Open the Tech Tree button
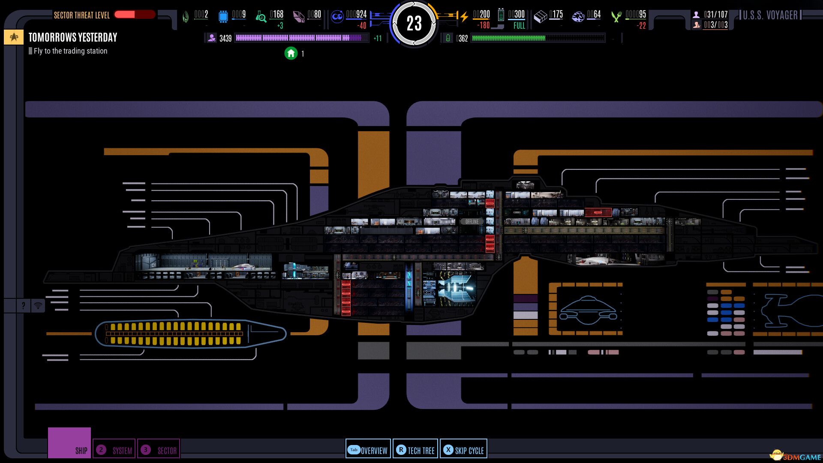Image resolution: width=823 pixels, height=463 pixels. pos(415,450)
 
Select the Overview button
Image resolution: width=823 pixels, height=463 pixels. pos(368,450)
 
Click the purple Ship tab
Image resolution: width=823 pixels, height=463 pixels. pos(69,442)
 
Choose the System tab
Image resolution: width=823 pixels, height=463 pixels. pos(114,450)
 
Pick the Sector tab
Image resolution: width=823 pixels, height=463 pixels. pos(159,450)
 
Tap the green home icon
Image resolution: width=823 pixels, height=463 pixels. pos(291,53)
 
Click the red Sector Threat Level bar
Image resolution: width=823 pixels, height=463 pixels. pos(134,15)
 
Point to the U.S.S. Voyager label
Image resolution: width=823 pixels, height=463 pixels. pos(770,15)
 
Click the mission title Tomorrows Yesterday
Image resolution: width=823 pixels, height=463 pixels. pos(73,37)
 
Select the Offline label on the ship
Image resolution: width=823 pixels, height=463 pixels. pos(472,222)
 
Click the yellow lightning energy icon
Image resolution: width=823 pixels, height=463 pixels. pos(464,17)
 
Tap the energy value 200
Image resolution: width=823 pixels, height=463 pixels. pos(481,15)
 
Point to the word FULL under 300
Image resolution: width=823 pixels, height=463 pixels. pos(519,26)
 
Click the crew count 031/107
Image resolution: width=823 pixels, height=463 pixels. pos(715,15)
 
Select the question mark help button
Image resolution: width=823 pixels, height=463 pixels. pos(23,305)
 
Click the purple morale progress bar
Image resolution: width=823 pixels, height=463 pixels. pos(300,38)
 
